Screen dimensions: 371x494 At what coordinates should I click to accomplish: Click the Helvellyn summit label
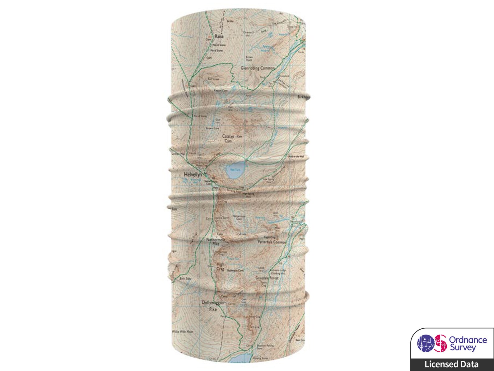click(x=193, y=175)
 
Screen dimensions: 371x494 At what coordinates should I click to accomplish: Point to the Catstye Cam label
click(x=228, y=139)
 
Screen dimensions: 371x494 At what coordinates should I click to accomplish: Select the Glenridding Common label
click(x=258, y=68)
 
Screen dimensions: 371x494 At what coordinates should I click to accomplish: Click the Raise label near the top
click(x=219, y=36)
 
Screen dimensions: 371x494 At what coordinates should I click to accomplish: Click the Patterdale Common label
click(x=272, y=242)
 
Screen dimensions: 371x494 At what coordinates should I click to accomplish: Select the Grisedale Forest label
click(x=267, y=278)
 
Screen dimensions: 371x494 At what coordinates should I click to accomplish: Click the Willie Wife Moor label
click(x=183, y=332)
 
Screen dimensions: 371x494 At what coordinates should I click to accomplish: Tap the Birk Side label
click(x=185, y=278)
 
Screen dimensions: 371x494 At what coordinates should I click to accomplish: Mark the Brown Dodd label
click(x=249, y=59)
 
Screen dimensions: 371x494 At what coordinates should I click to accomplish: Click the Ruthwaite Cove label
click(x=235, y=271)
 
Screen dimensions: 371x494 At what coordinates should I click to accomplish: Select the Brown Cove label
click(x=213, y=128)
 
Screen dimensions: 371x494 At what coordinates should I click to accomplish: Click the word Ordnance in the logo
click(x=468, y=340)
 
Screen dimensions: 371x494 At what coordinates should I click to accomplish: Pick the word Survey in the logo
click(x=463, y=348)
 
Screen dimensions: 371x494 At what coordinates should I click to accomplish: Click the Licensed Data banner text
click(x=452, y=364)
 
